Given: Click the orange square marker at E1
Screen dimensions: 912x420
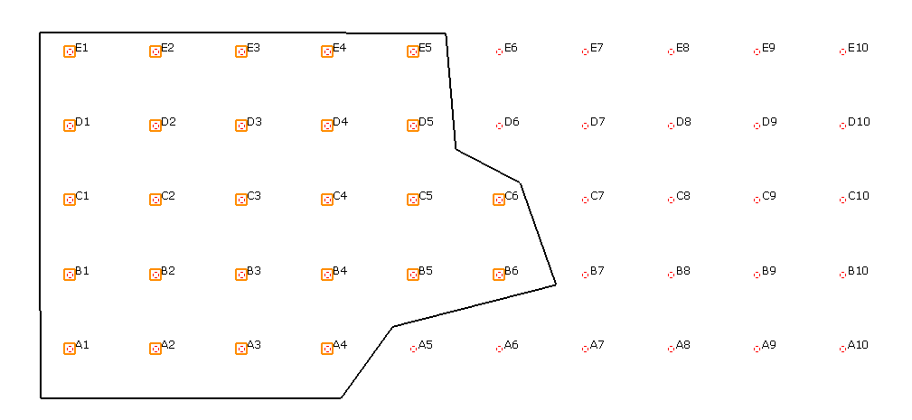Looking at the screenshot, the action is (70, 51).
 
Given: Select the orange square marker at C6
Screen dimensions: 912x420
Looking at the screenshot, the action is (498, 200).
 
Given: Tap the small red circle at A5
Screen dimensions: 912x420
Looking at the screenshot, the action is (413, 349).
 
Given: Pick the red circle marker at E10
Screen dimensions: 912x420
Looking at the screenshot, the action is (842, 51).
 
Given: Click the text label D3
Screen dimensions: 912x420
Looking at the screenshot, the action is (254, 122).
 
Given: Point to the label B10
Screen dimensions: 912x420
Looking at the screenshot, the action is (858, 271).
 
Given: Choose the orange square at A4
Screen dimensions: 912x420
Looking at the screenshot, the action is (327, 349).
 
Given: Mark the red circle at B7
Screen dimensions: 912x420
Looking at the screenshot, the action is (585, 275).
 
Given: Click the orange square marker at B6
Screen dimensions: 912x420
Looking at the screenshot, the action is (498, 275).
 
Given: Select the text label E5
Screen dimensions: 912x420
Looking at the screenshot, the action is (425, 48).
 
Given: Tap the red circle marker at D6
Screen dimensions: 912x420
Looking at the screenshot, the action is (498, 126).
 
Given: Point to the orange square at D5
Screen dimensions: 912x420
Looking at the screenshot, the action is (413, 126).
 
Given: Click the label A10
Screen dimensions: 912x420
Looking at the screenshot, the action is (858, 345).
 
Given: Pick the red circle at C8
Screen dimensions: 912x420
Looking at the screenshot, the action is (671, 200).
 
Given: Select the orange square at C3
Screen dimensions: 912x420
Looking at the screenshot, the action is (241, 200).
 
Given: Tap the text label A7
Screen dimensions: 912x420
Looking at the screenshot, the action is (597, 345).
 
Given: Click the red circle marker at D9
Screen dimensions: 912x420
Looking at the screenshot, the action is (757, 126).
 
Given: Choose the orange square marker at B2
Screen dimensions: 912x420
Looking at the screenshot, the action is (155, 275).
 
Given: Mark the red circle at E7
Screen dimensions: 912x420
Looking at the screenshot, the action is (585, 51).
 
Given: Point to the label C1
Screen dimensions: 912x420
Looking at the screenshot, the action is (82, 196).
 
